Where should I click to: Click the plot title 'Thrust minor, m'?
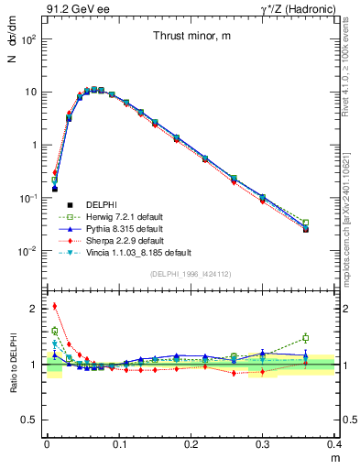click(x=191, y=37)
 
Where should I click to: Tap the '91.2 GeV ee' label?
click(x=71, y=9)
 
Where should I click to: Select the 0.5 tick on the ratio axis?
click(x=30, y=420)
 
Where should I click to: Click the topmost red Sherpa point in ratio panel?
click(x=54, y=306)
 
